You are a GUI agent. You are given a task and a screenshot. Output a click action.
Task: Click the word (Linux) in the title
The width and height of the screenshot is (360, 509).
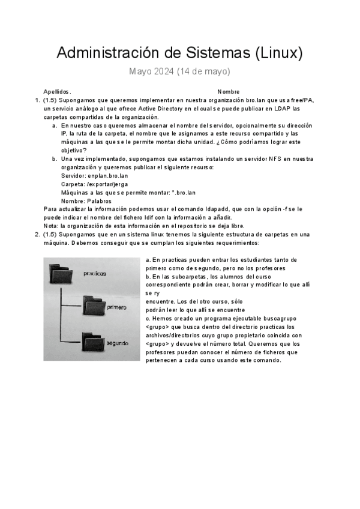pyautogui.click(x=279, y=53)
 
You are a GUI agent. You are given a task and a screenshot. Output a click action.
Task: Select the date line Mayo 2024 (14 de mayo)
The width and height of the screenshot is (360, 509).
pyautogui.click(x=179, y=72)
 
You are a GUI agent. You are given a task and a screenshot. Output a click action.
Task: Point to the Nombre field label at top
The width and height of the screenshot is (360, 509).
pyautogui.click(x=229, y=91)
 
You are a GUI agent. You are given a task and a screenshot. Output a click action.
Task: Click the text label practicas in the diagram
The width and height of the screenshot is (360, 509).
pyautogui.click(x=95, y=273)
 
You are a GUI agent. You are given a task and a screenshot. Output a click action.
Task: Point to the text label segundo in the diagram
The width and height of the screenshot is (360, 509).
pyautogui.click(x=117, y=342)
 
